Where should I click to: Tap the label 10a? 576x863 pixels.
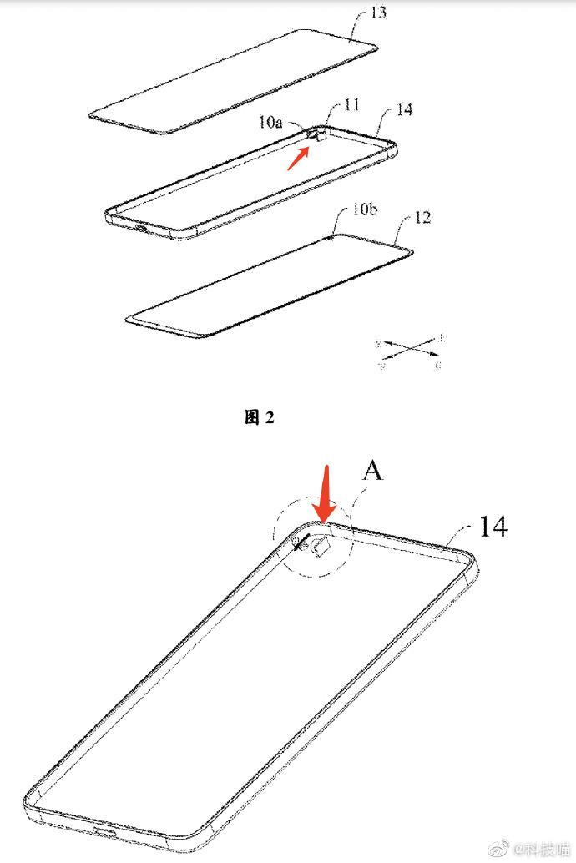tap(270, 123)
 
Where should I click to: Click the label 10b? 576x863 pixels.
tap(364, 209)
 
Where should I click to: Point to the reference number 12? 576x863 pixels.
tap(422, 219)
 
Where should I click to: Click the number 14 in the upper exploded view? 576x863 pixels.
tap(406, 110)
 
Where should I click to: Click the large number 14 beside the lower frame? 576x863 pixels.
tap(493, 527)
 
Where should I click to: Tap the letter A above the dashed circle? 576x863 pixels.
tap(372, 471)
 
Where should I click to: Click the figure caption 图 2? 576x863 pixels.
tap(260, 418)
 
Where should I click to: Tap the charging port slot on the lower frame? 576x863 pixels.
tap(106, 835)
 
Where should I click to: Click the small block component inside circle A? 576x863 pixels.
tap(321, 547)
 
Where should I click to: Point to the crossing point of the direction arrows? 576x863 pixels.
tap(408, 351)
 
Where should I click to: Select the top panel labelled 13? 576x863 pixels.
tap(234, 82)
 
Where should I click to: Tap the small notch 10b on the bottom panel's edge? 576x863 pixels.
tap(335, 236)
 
